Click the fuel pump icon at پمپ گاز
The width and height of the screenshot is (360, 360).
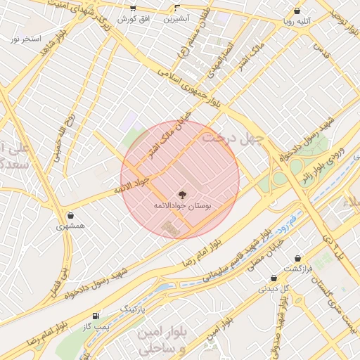pos(96,316)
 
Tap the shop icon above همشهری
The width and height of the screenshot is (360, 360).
pos(70,215)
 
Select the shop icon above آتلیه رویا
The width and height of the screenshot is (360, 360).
pos(298,11)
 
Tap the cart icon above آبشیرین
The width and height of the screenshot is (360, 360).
pos(176,8)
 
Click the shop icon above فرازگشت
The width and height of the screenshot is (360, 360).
pos(298,258)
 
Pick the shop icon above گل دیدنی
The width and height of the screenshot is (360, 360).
pos(274,278)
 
